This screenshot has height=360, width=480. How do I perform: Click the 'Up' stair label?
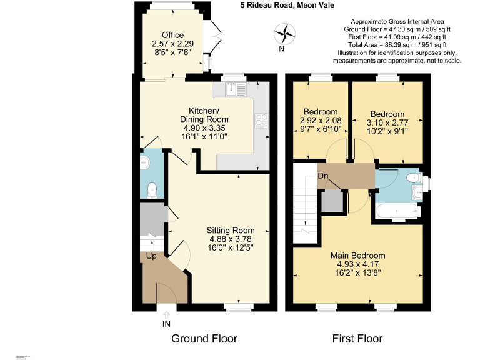pyautogui.click(x=151, y=256)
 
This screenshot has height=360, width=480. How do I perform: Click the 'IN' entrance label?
pyautogui.click(x=166, y=323)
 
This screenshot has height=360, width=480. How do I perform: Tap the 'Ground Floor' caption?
pyautogui.click(x=204, y=339)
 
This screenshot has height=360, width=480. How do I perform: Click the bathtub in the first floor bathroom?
pyautogui.click(x=397, y=212)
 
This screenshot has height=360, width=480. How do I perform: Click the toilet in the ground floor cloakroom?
pyautogui.click(x=151, y=189)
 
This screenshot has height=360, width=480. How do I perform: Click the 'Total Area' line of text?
pyautogui.click(x=397, y=45)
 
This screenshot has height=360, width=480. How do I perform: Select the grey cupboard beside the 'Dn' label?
pyautogui.click(x=332, y=201)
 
